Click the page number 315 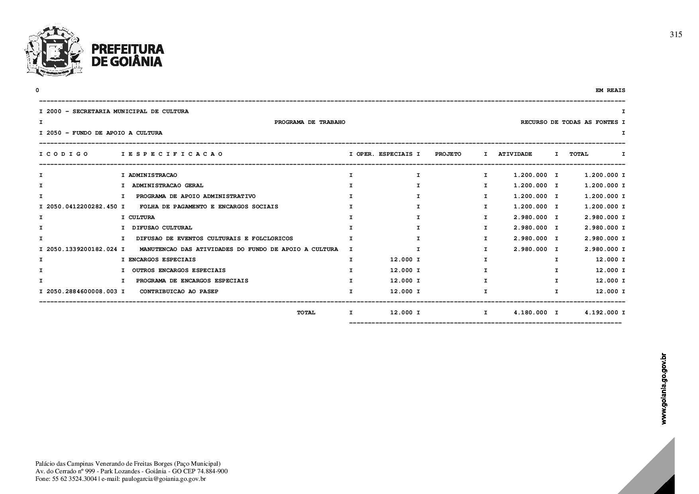point(675,35)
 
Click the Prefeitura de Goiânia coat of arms point(54,50)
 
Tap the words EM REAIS point(610,90)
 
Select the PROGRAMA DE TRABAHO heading point(310,122)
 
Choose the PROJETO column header point(448,154)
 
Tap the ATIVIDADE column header point(515,154)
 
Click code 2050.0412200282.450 point(82,207)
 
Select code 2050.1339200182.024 point(82,249)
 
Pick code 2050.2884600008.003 point(82,292)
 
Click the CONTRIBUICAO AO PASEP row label point(179,292)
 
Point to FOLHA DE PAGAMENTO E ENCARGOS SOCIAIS point(209,207)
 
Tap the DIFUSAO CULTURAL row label point(162,228)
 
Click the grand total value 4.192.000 point(601,313)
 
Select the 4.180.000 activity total point(530,313)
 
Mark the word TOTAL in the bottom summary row point(306,313)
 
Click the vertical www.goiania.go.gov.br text point(664,389)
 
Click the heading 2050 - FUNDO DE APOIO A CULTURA point(104,133)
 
